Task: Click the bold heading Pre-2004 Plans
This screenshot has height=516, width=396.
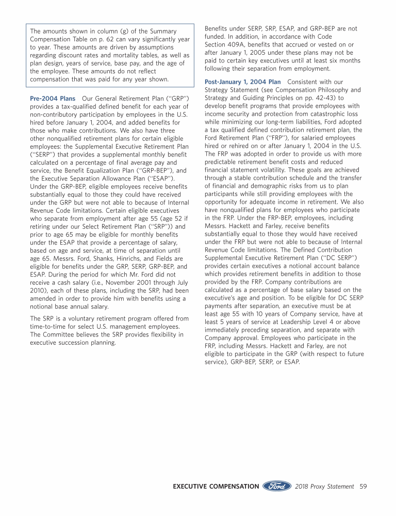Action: (53, 98)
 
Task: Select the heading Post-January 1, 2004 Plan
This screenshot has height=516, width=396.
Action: (242, 82)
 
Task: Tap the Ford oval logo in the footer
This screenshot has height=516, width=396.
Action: (277, 486)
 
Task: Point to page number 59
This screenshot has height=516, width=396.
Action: (363, 486)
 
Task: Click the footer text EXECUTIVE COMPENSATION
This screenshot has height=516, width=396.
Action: (216, 486)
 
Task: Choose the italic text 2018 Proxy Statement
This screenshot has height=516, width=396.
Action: (325, 486)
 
